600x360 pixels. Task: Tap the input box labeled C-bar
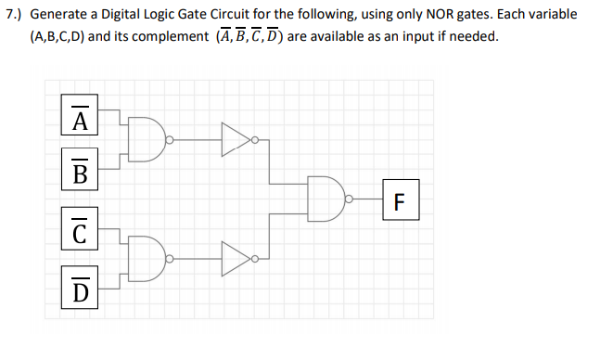81,230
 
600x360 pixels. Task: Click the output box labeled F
400,200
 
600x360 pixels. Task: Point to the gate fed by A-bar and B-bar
145,141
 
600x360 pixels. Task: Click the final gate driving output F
330,198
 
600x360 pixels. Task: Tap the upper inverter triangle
236,141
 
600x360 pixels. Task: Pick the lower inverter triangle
236,254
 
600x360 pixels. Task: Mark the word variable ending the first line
551,16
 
